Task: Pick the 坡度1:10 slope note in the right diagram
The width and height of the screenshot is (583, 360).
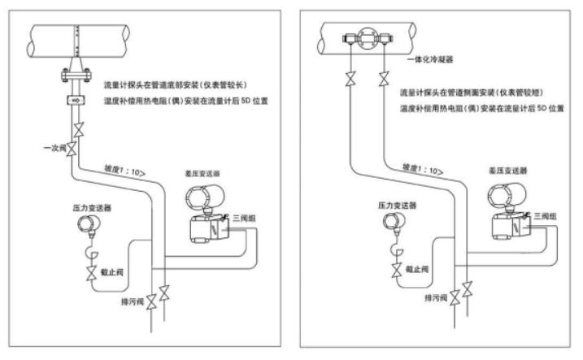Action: tap(422, 169)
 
